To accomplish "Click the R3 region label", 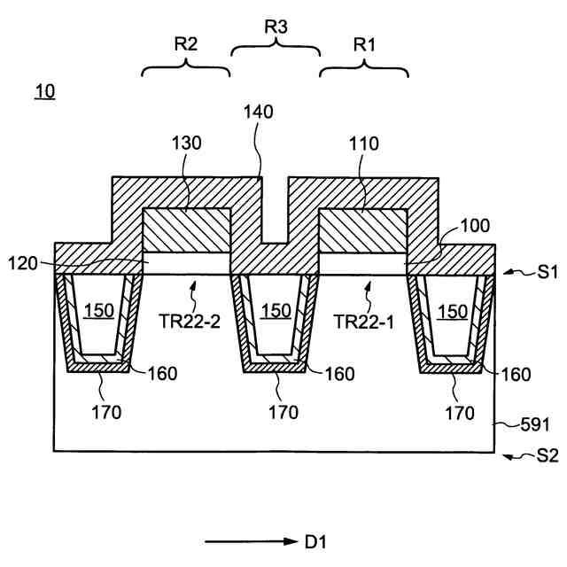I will (276, 27).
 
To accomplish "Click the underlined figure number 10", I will (44, 92).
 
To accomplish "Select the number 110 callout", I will (363, 142).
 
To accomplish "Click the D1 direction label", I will (315, 540).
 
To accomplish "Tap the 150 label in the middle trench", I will (276, 311).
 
